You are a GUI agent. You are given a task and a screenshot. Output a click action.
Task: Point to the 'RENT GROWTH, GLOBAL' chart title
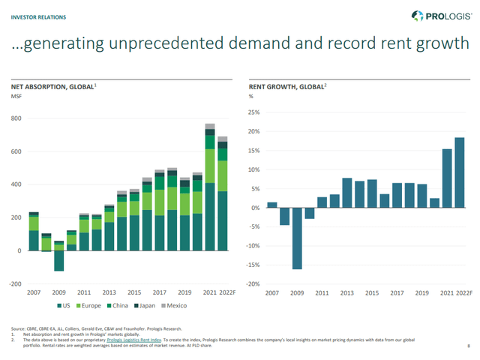tap(285, 88)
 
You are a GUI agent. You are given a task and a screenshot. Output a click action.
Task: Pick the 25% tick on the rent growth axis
tap(254, 112)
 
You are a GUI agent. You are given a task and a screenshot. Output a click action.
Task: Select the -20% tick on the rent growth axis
tap(253, 284)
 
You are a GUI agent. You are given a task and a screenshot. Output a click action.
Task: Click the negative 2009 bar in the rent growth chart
tap(297, 238)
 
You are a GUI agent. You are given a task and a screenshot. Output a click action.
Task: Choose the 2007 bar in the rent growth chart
tap(271, 205)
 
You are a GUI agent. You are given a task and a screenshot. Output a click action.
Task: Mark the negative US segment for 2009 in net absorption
tap(58, 260)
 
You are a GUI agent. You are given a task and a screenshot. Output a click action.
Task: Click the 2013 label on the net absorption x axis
tap(109, 292)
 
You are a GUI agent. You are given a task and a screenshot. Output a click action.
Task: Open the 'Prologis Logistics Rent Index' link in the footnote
tap(137, 339)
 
